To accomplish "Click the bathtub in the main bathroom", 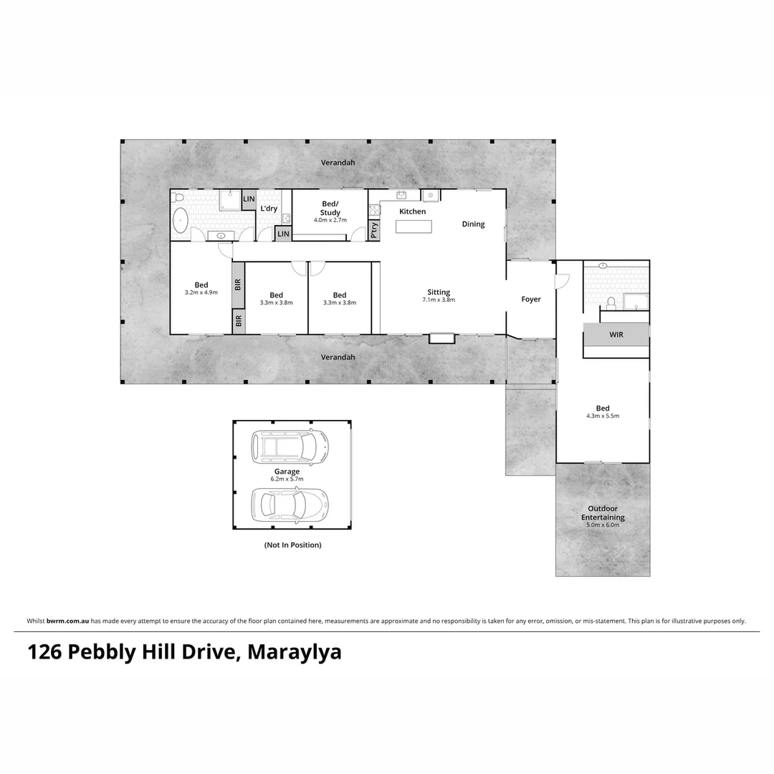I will click(181, 219).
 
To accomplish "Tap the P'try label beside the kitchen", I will click(374, 229).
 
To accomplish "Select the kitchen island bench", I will click(414, 226).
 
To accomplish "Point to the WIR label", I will click(616, 335).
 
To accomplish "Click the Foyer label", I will click(531, 300).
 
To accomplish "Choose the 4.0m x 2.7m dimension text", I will click(330, 220).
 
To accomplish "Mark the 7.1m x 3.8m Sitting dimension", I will click(439, 300).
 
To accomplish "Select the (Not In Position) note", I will click(292, 545).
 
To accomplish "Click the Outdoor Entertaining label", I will click(603, 513).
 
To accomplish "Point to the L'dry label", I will click(269, 209).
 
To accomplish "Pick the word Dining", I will click(473, 224).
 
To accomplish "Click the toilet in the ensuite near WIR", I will click(611, 302).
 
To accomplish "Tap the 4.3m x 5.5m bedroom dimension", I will click(603, 416).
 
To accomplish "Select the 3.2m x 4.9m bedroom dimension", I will click(201, 293).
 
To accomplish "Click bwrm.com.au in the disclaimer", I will click(68, 621).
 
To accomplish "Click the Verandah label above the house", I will click(338, 163).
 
